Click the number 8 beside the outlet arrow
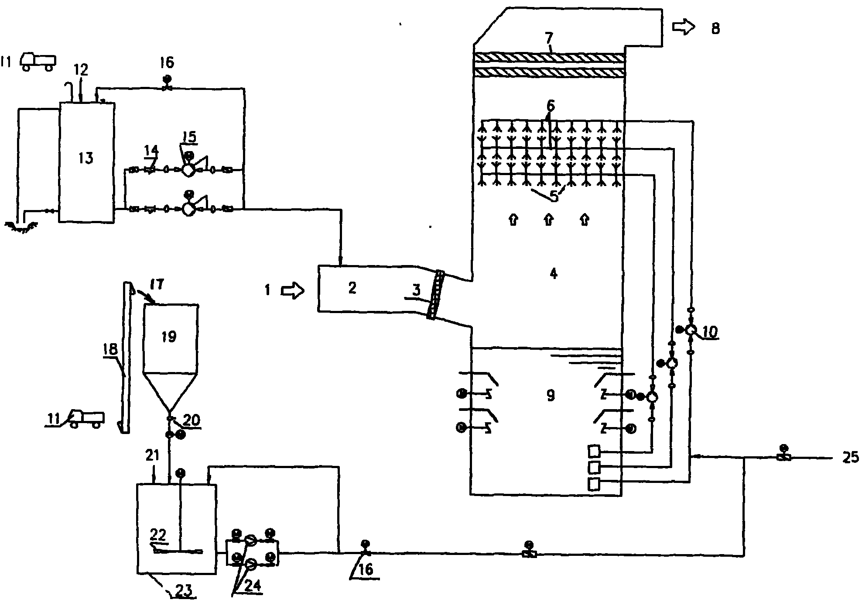(x=715, y=29)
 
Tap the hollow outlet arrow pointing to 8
(x=683, y=28)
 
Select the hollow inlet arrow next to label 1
(x=292, y=290)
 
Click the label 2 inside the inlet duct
(x=352, y=288)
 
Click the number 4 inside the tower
(x=553, y=274)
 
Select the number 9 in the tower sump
(x=551, y=396)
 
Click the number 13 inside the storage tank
(x=86, y=158)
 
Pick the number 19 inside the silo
(x=169, y=337)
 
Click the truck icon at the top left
(x=38, y=61)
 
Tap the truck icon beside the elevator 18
(x=87, y=418)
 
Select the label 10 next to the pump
(x=709, y=333)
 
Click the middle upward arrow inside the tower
(x=548, y=220)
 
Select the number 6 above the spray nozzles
(x=551, y=106)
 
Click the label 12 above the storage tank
(x=81, y=69)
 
